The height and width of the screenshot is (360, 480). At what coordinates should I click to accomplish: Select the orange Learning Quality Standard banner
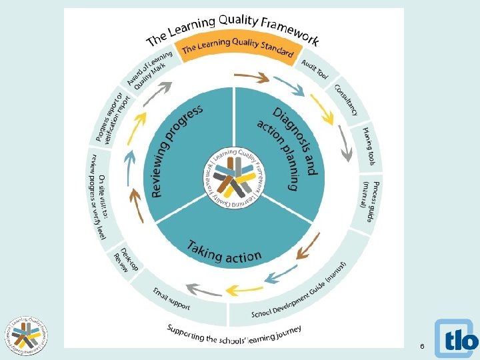click(x=237, y=48)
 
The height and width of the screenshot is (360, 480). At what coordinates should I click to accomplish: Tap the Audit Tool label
click(x=315, y=69)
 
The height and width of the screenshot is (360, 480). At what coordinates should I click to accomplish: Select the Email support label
click(x=171, y=299)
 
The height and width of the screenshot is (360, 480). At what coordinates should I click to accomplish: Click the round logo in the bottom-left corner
click(x=27, y=333)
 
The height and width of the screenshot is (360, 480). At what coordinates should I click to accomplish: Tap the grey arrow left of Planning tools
click(x=345, y=143)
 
